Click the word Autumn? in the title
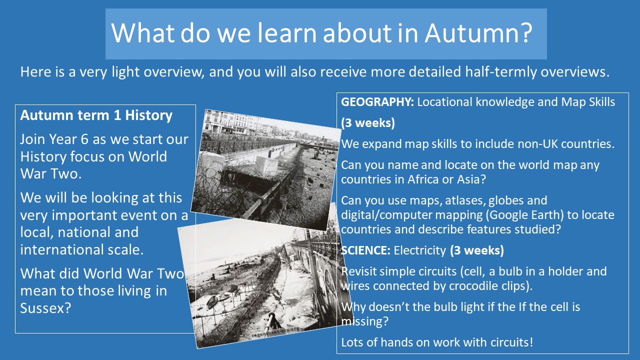coord(478,33)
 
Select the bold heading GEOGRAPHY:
coord(377,102)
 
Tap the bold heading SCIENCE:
coord(365,250)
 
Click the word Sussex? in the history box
coord(45,308)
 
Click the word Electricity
coord(419,250)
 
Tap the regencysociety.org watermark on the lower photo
coord(275,332)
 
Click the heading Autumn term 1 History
coord(96,115)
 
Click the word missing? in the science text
coord(365,321)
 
